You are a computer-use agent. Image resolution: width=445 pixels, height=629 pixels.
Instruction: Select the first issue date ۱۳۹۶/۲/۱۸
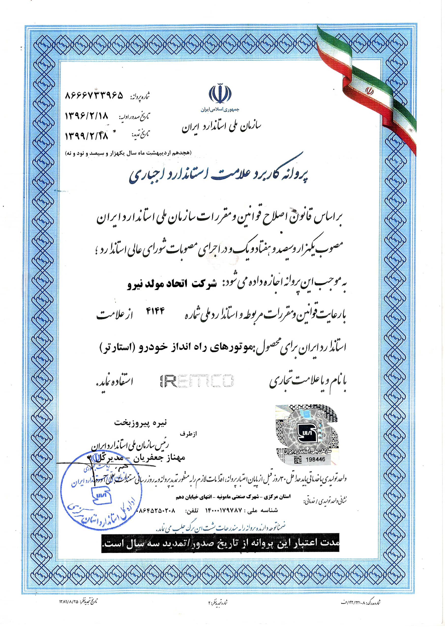point(86,116)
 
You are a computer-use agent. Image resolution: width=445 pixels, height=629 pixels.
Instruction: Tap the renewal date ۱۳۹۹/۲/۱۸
point(86,135)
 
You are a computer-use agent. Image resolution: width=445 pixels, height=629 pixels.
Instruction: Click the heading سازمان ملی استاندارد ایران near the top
point(222,127)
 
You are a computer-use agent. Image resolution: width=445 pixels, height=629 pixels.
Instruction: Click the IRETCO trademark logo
point(197,381)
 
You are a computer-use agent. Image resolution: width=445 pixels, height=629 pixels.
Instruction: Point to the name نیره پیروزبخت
point(140,423)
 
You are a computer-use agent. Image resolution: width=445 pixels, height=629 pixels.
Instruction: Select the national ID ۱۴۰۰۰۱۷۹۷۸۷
point(224,510)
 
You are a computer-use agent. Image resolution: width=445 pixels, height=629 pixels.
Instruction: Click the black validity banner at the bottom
point(221,543)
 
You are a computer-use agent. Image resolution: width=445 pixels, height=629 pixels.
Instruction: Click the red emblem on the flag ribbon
point(370,91)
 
